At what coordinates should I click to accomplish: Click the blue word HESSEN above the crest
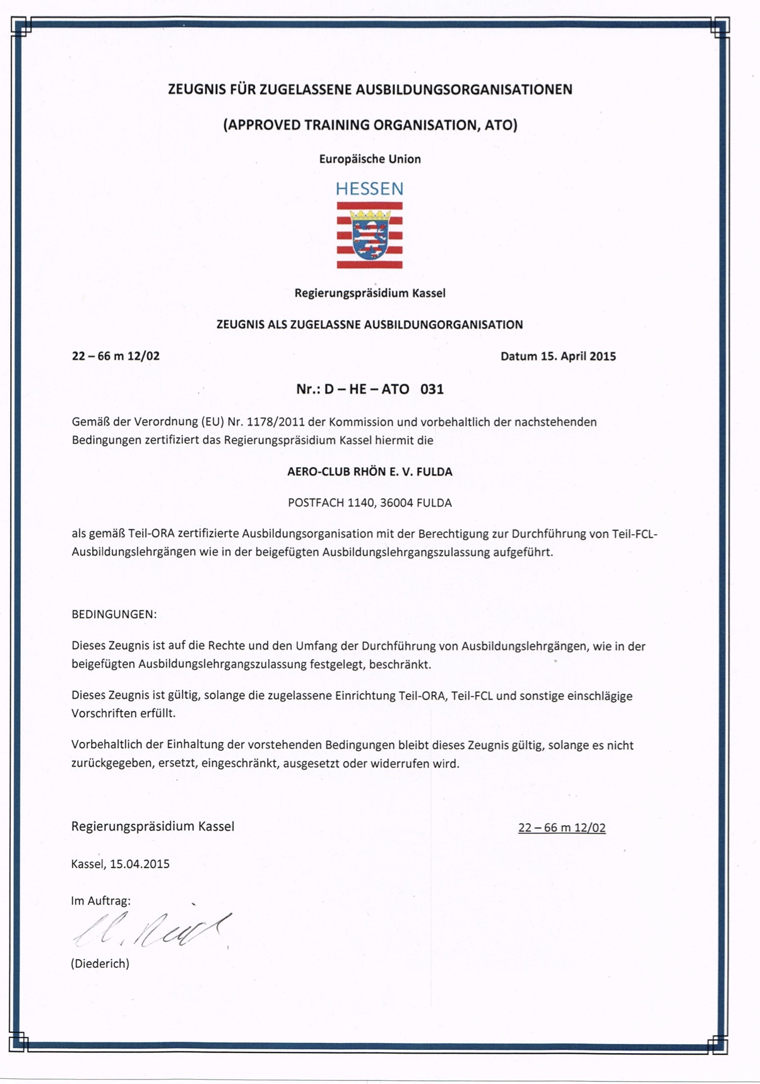tap(369, 189)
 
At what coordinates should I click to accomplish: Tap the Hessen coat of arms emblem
tap(369, 235)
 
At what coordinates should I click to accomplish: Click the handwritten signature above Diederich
tap(151, 930)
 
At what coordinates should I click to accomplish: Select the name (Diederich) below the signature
tap(100, 963)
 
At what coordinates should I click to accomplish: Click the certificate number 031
tap(432, 389)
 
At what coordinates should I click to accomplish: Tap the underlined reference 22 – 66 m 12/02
tap(562, 828)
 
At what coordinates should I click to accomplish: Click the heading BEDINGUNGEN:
tap(114, 614)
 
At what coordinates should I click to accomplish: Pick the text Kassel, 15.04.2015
tap(121, 864)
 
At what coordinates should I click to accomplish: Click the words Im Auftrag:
tap(101, 901)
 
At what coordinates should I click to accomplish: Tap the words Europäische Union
tap(370, 159)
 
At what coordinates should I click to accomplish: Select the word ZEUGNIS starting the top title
tap(197, 90)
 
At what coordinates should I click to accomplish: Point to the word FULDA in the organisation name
tap(434, 472)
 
